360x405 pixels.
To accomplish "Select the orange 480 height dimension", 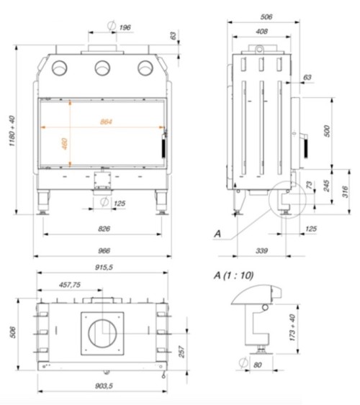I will [x=65, y=143].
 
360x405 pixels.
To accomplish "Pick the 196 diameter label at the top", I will [x=124, y=27].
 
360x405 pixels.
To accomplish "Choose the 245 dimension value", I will [x=328, y=186].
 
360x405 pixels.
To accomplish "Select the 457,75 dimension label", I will [x=71, y=285].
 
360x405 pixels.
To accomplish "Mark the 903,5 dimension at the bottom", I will [x=103, y=386].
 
